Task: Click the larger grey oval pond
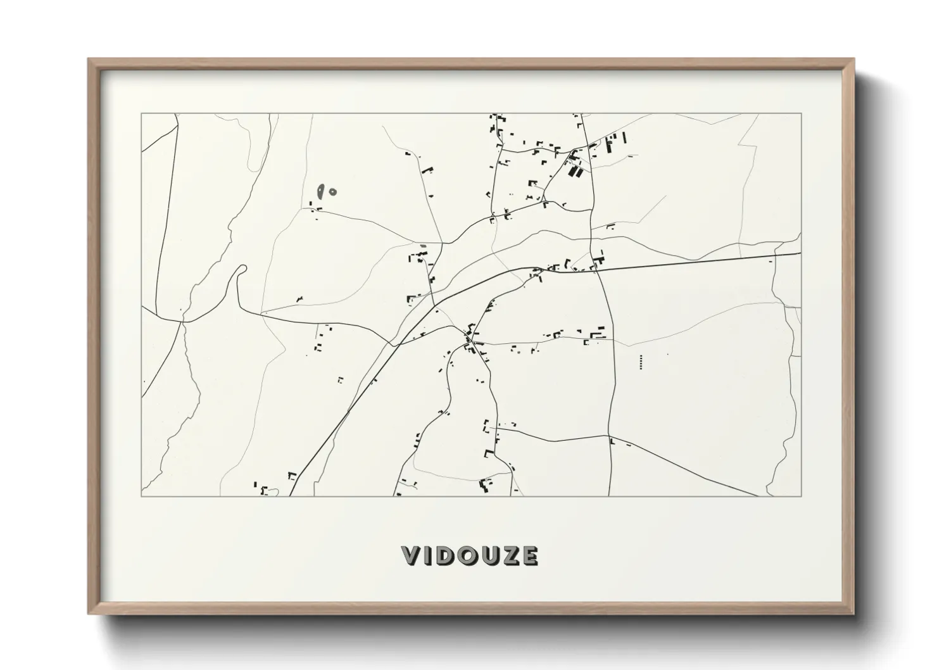[x=322, y=190]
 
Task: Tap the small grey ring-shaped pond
[x=333, y=191]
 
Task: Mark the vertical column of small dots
[x=641, y=362]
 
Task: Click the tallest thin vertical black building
[x=625, y=139]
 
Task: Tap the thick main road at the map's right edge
[x=799, y=254]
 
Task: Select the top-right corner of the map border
[x=802, y=114]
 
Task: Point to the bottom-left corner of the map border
[x=141, y=496]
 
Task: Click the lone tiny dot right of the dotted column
[x=667, y=355]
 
